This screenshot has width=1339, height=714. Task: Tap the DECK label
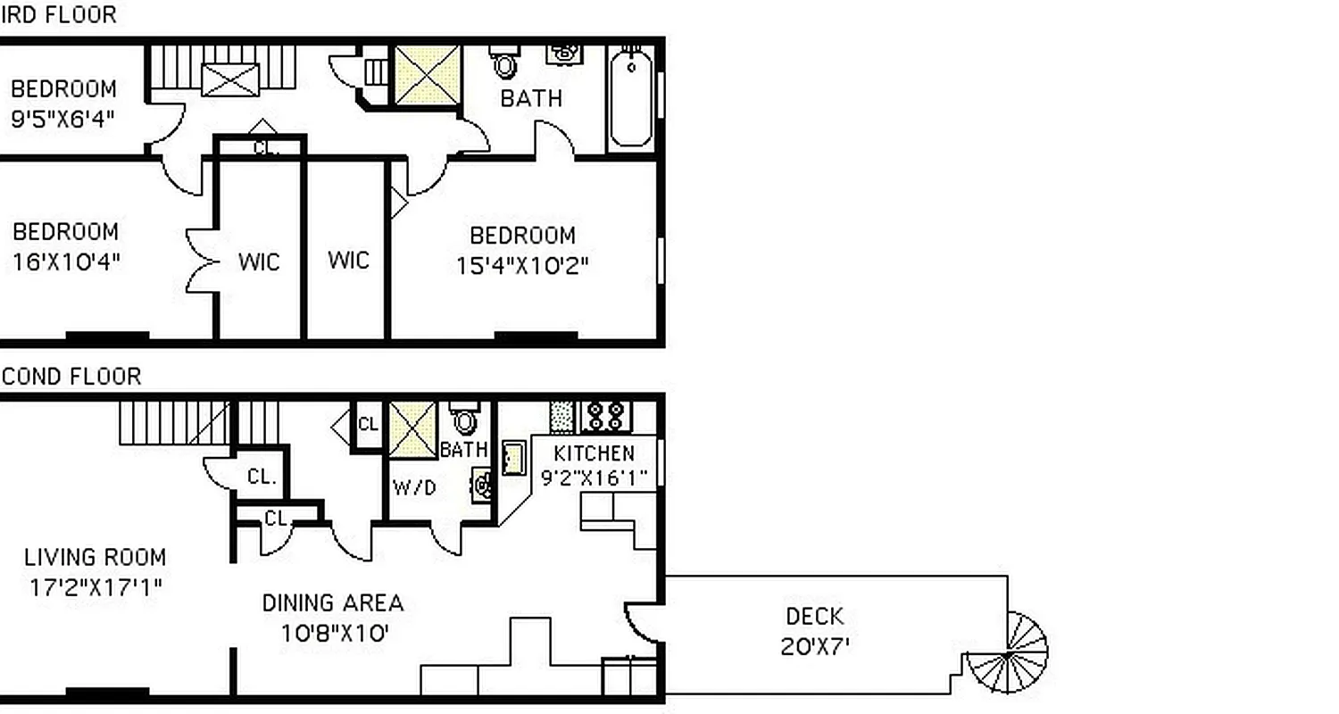point(814,616)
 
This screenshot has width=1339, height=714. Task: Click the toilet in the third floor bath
point(505,62)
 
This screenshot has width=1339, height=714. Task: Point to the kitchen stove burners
point(606,415)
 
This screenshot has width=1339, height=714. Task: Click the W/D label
point(414,487)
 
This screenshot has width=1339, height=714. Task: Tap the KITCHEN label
point(594,452)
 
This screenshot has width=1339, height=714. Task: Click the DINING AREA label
point(332,602)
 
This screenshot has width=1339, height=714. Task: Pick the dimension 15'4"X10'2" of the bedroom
point(523,265)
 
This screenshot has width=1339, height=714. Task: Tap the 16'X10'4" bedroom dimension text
point(66,262)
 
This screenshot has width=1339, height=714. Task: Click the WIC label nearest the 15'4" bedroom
point(348,260)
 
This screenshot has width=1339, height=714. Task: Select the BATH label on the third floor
point(531,98)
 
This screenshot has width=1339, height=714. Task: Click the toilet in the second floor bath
point(463,419)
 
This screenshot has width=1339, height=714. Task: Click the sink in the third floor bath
point(562,53)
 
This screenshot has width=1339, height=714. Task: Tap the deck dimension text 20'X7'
point(814,645)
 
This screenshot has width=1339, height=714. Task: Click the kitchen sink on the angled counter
point(513,457)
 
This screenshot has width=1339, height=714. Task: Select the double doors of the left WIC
point(201,261)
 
